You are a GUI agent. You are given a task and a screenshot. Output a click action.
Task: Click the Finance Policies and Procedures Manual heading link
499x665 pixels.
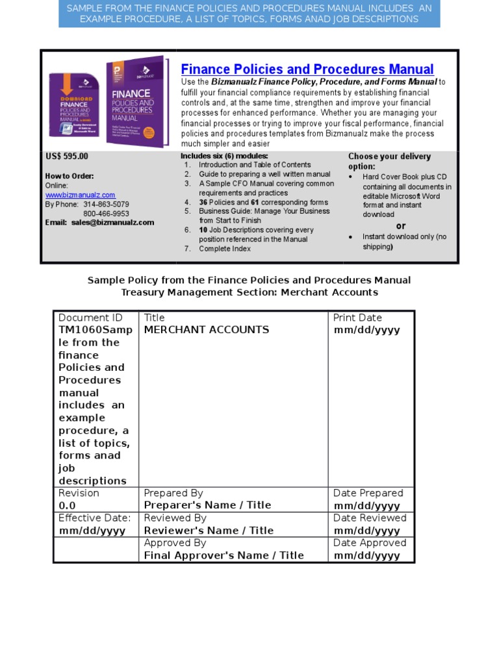coord(307,69)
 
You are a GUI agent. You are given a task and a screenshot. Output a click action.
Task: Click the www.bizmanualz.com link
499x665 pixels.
coord(80,195)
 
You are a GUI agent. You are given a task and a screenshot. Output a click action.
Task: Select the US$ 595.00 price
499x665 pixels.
coord(67,157)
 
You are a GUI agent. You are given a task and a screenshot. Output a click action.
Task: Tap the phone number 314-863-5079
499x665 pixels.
coord(106,205)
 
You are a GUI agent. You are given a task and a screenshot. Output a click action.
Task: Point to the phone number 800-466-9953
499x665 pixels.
coord(106,214)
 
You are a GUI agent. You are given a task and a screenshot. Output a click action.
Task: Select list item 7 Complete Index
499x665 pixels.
coord(224,249)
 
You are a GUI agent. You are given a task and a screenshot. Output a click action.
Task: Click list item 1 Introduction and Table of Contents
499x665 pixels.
coord(254,165)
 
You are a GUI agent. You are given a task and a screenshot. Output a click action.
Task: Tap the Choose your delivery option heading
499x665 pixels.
coord(389,161)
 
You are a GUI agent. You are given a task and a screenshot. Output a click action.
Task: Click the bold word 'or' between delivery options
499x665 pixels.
coord(401,225)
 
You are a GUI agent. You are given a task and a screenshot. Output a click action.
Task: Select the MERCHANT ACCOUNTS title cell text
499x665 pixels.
coord(206,330)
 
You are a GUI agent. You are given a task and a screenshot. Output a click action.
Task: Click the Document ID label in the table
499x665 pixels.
coord(90,318)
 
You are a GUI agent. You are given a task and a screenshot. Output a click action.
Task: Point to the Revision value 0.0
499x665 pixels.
coord(68,506)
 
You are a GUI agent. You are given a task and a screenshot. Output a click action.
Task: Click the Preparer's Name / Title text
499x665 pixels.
coord(207,505)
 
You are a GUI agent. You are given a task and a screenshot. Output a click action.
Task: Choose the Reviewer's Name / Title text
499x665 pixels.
coord(209,531)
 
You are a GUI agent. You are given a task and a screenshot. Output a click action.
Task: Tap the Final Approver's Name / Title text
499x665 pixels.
coord(224,555)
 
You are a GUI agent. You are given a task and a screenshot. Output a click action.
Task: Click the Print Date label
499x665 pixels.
coord(357,318)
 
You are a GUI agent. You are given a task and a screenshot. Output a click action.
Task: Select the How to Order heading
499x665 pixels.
coord(70,176)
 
